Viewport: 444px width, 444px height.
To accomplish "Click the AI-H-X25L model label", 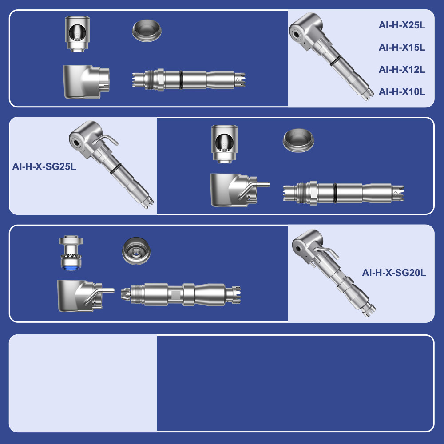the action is pyautogui.click(x=402, y=25).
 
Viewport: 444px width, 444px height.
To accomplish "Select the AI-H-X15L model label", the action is pyautogui.click(x=402, y=48).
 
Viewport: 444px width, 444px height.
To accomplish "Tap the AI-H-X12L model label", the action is pyautogui.click(x=402, y=69).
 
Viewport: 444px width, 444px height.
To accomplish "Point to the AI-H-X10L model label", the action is pyautogui.click(x=402, y=92).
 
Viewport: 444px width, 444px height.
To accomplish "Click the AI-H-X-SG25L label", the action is pyautogui.click(x=44, y=166).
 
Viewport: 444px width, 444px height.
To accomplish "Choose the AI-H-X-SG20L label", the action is pyautogui.click(x=394, y=273).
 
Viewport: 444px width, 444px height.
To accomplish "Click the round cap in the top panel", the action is pyautogui.click(x=147, y=31).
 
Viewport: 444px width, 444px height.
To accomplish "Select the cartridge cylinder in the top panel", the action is pyautogui.click(x=77, y=34).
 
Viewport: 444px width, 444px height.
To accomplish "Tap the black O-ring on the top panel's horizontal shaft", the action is pyautogui.click(x=181, y=80).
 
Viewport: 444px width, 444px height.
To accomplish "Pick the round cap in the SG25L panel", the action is pyautogui.click(x=298, y=140).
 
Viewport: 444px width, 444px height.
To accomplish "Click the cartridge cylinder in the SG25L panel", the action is pyautogui.click(x=225, y=144).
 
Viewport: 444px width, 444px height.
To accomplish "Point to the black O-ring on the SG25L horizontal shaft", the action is pyautogui.click(x=335, y=193).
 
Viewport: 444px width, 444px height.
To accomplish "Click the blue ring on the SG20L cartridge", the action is pyautogui.click(x=71, y=268).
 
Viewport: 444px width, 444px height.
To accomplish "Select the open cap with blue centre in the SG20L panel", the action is pyautogui.click(x=136, y=251).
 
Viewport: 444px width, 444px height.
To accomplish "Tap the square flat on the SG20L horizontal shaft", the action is pyautogui.click(x=176, y=295).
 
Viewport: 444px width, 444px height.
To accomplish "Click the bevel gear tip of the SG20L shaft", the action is pyautogui.click(x=126, y=294).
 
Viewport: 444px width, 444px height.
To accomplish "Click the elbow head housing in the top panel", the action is pyautogui.click(x=86, y=82).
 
